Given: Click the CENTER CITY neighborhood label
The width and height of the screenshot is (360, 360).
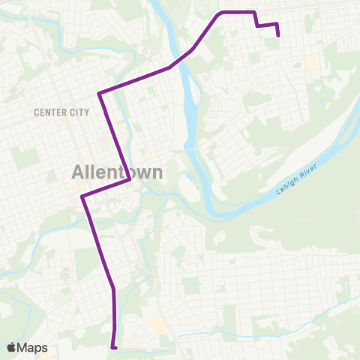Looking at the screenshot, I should [x=61, y=112].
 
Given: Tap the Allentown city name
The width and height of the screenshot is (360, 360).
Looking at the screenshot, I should [x=118, y=171].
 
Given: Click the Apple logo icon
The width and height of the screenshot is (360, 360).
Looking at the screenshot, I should [x=12, y=347].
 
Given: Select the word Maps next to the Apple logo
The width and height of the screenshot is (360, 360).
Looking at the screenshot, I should [x=32, y=347].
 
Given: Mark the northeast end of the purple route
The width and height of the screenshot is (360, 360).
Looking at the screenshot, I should [x=279, y=34].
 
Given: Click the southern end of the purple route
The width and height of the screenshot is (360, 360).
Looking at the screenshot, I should [x=113, y=347].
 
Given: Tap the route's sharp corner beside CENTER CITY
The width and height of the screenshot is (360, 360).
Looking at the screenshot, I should [x=99, y=94].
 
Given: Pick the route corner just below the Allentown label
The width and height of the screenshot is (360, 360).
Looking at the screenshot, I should [x=131, y=180].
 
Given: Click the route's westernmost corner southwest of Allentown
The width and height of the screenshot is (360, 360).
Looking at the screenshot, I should [x=82, y=196].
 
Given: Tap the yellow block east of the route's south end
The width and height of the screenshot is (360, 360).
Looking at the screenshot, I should [x=157, y=324].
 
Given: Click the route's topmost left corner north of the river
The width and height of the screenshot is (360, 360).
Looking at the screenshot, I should [x=219, y=13].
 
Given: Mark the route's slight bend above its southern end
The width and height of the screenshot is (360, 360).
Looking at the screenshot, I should [x=112, y=289].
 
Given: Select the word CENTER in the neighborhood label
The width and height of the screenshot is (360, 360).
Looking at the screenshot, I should [x=51, y=112].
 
